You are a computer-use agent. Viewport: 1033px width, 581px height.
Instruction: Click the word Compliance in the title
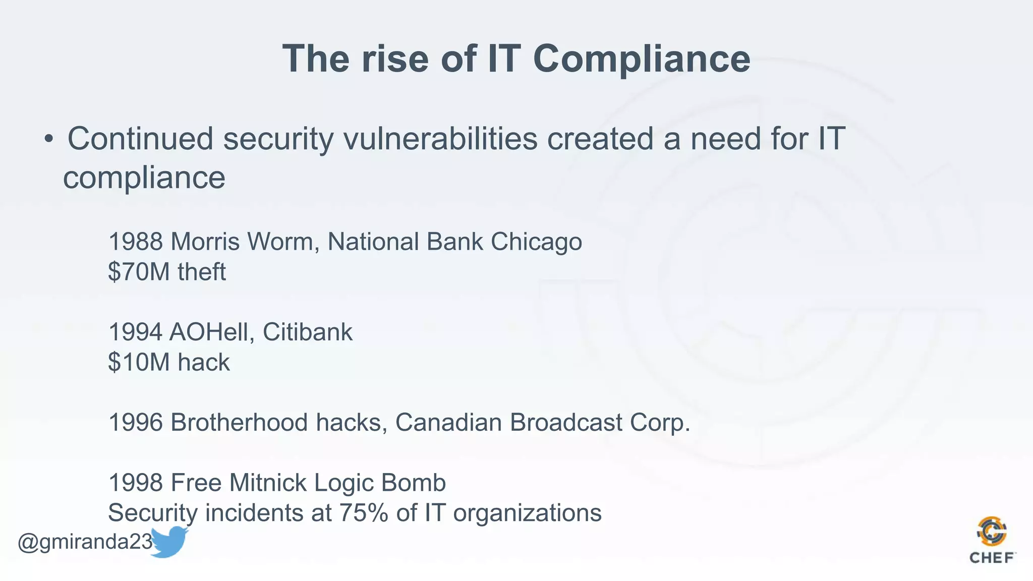pyautogui.click(x=642, y=59)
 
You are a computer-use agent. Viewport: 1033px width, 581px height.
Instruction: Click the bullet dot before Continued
pyautogui.click(x=48, y=139)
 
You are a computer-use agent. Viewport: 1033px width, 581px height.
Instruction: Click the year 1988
pyautogui.click(x=135, y=242)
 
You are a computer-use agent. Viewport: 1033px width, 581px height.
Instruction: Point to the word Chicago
pyautogui.click(x=536, y=242)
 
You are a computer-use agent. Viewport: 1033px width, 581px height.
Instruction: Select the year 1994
pyautogui.click(x=135, y=332)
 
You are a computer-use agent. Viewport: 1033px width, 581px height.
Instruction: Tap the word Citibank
pyautogui.click(x=307, y=332)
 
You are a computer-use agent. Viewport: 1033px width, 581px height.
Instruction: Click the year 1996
pyautogui.click(x=135, y=423)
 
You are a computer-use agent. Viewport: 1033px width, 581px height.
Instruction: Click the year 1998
pyautogui.click(x=135, y=483)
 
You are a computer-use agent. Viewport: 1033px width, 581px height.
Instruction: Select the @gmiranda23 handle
pyautogui.click(x=85, y=542)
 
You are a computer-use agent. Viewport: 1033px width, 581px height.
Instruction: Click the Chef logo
pyautogui.click(x=992, y=540)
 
